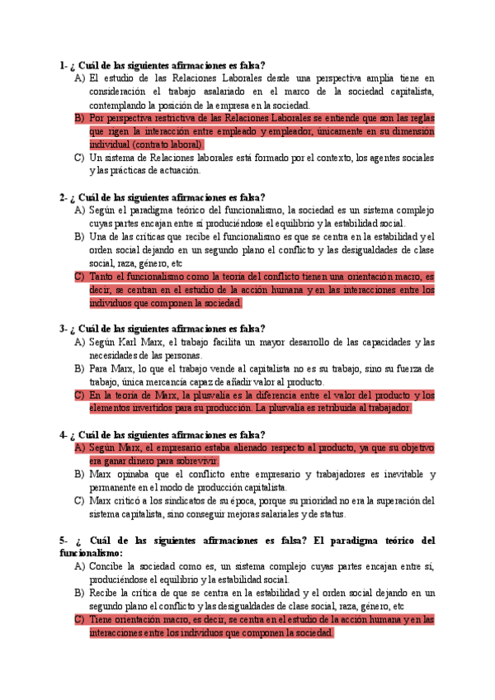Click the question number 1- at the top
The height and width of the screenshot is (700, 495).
pos(64,65)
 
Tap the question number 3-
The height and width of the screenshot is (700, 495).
pos(64,329)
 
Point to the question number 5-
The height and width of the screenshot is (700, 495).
pos(64,540)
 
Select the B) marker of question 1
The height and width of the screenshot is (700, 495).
pos(79,118)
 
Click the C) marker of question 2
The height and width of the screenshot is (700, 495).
pos(79,277)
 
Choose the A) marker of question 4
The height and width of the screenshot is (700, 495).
pos(80,447)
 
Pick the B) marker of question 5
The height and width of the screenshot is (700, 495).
pos(79,593)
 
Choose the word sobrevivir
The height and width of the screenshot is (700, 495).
pos(196,461)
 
